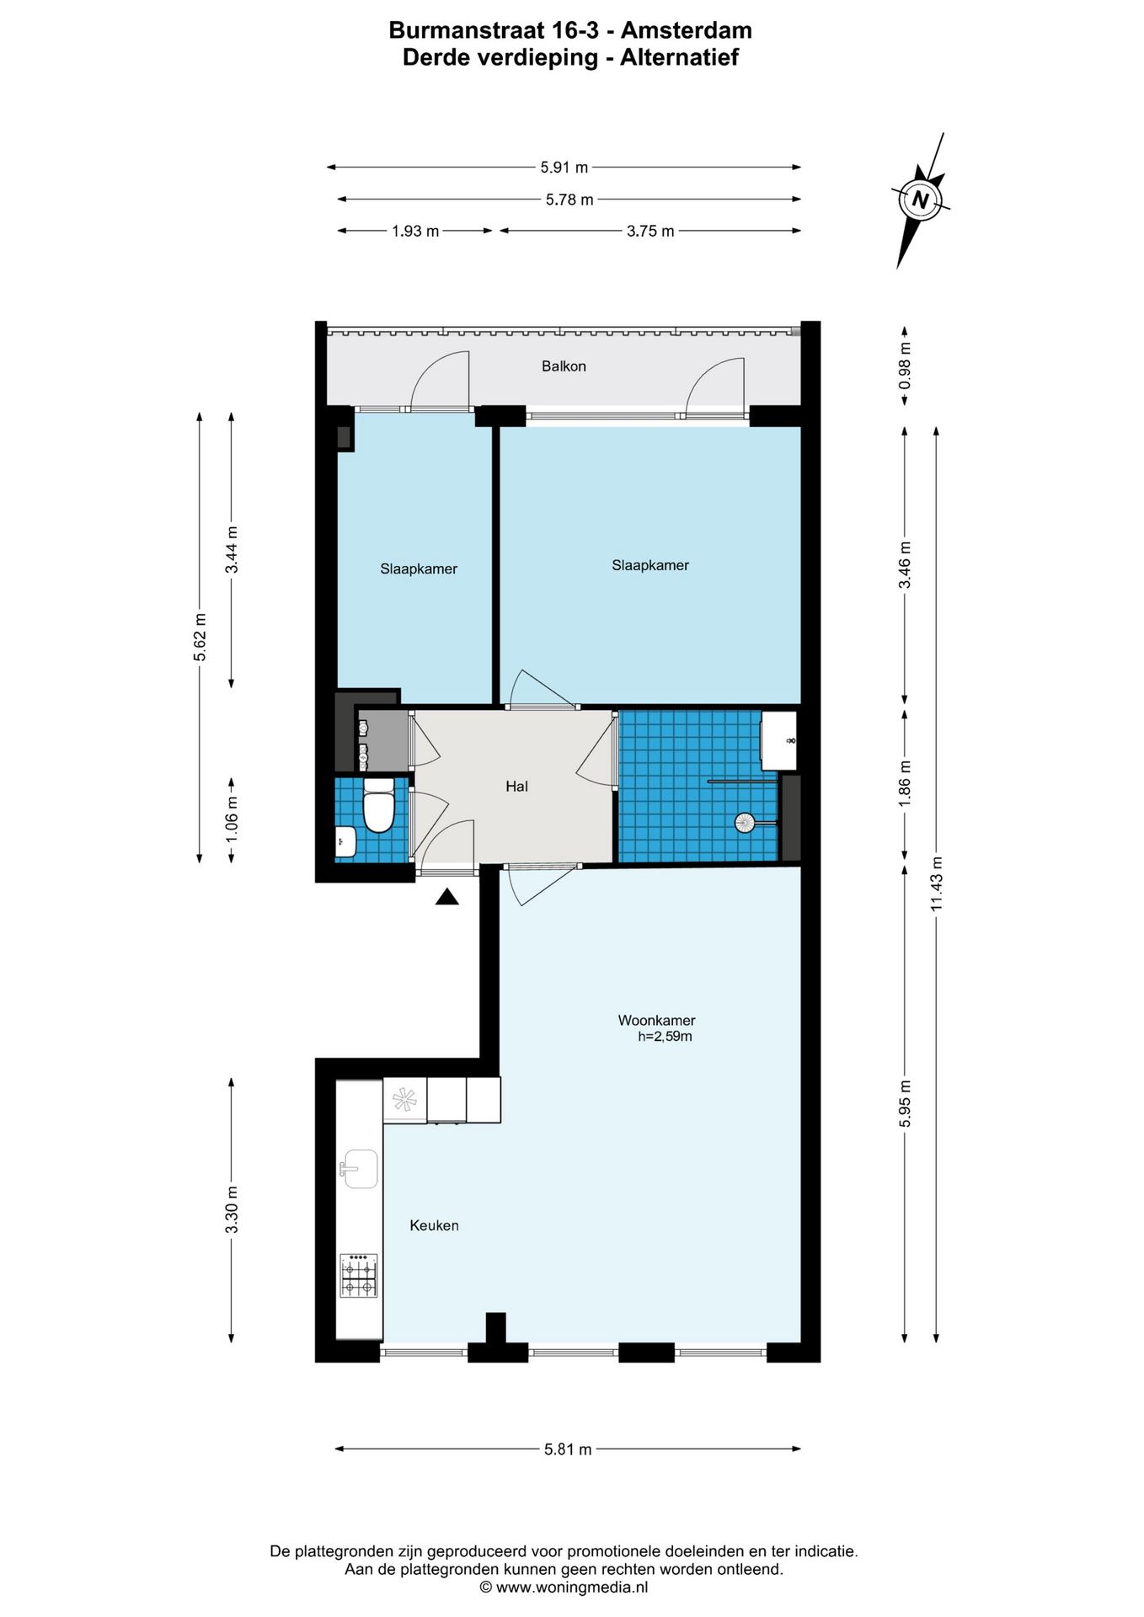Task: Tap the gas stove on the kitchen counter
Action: point(359,1275)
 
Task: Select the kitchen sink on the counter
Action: point(359,1169)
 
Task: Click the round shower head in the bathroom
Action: point(745,823)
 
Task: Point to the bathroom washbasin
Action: point(778,741)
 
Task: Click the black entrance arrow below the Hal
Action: point(446,897)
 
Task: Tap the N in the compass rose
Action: point(920,200)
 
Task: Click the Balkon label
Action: point(564,366)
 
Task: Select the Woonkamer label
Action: point(656,1020)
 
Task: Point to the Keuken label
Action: point(434,1225)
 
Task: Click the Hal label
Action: point(516,786)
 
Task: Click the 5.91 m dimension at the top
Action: point(564,167)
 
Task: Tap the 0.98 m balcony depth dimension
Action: point(904,366)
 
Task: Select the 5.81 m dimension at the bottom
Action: point(568,1449)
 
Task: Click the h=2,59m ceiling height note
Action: point(665,1037)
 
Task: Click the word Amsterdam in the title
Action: point(686,30)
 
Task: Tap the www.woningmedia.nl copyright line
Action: point(564,1588)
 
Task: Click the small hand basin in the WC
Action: point(345,841)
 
